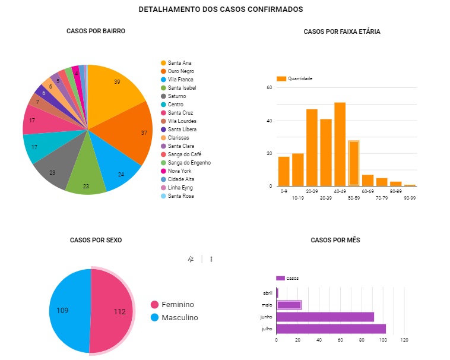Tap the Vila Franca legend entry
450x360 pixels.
[x=180, y=80]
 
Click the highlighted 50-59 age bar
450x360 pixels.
[x=354, y=163]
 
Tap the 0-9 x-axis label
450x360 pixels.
[x=283, y=191]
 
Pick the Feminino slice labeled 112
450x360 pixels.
[x=116, y=311]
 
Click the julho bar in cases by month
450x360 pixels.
[x=331, y=329]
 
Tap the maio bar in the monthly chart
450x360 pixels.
[x=289, y=305]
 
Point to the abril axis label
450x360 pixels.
[x=268, y=293]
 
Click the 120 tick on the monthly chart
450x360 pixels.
[x=404, y=340]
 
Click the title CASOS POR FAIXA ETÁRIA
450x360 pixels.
[x=341, y=31]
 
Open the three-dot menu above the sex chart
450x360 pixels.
[x=211, y=259]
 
